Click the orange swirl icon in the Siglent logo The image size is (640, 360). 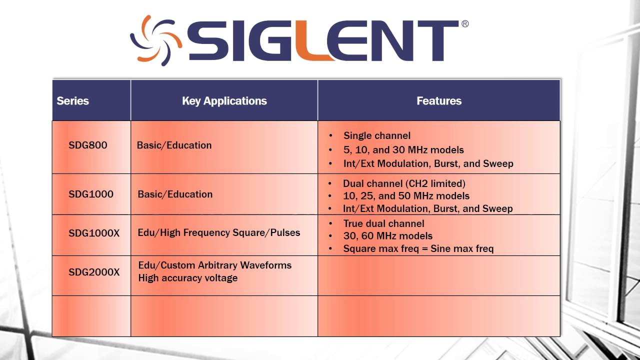click(153, 40)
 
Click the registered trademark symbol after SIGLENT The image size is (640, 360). click(465, 23)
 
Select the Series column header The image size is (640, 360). click(72, 100)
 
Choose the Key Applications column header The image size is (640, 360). click(224, 100)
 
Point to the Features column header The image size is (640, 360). click(438, 100)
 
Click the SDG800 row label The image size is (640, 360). click(88, 145)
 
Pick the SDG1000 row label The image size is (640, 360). click(91, 194)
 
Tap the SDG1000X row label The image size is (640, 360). click(94, 233)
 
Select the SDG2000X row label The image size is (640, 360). click(94, 272)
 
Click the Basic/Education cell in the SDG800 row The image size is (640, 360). click(174, 145)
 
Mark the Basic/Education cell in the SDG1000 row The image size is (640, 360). click(175, 194)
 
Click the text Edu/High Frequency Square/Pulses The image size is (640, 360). click(219, 232)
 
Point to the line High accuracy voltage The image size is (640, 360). click(188, 278)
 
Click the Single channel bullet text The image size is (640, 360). click(377, 135)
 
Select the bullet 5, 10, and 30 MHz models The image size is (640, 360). click(403, 149)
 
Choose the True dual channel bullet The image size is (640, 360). click(383, 223)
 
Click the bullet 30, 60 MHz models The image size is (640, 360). click(388, 236)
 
